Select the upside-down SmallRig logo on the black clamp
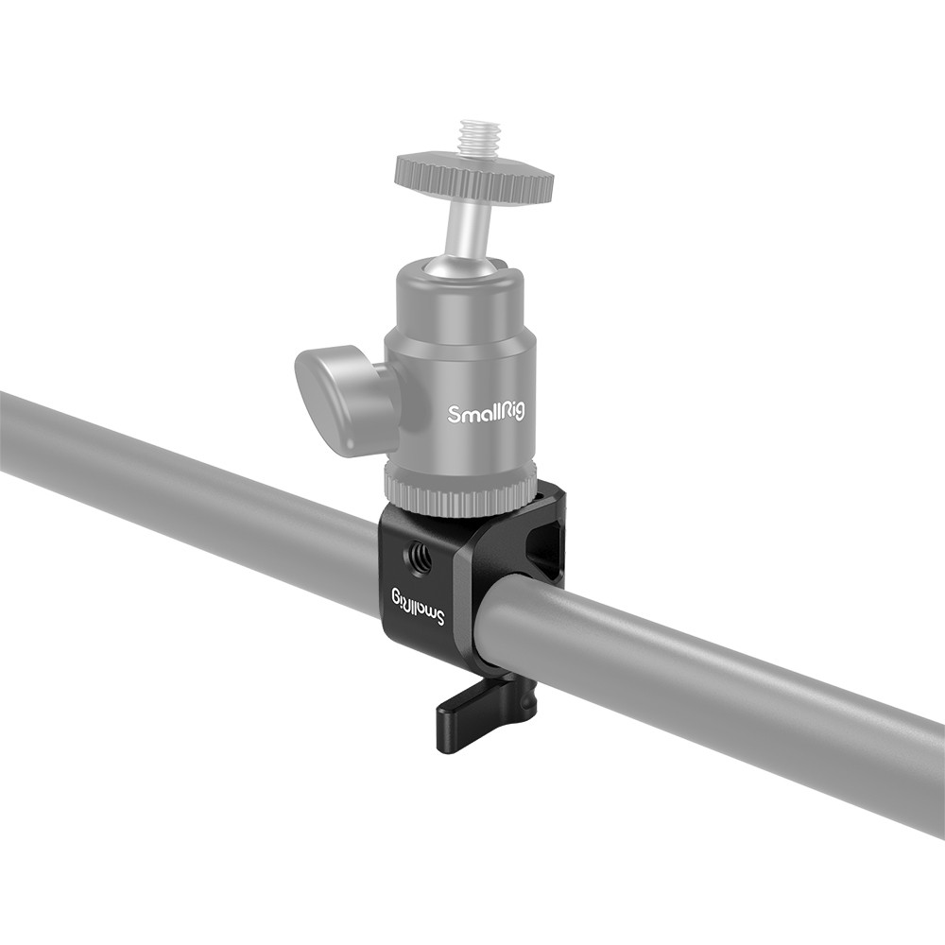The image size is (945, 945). [x=418, y=607]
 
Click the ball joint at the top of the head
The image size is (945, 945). [x=464, y=267]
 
